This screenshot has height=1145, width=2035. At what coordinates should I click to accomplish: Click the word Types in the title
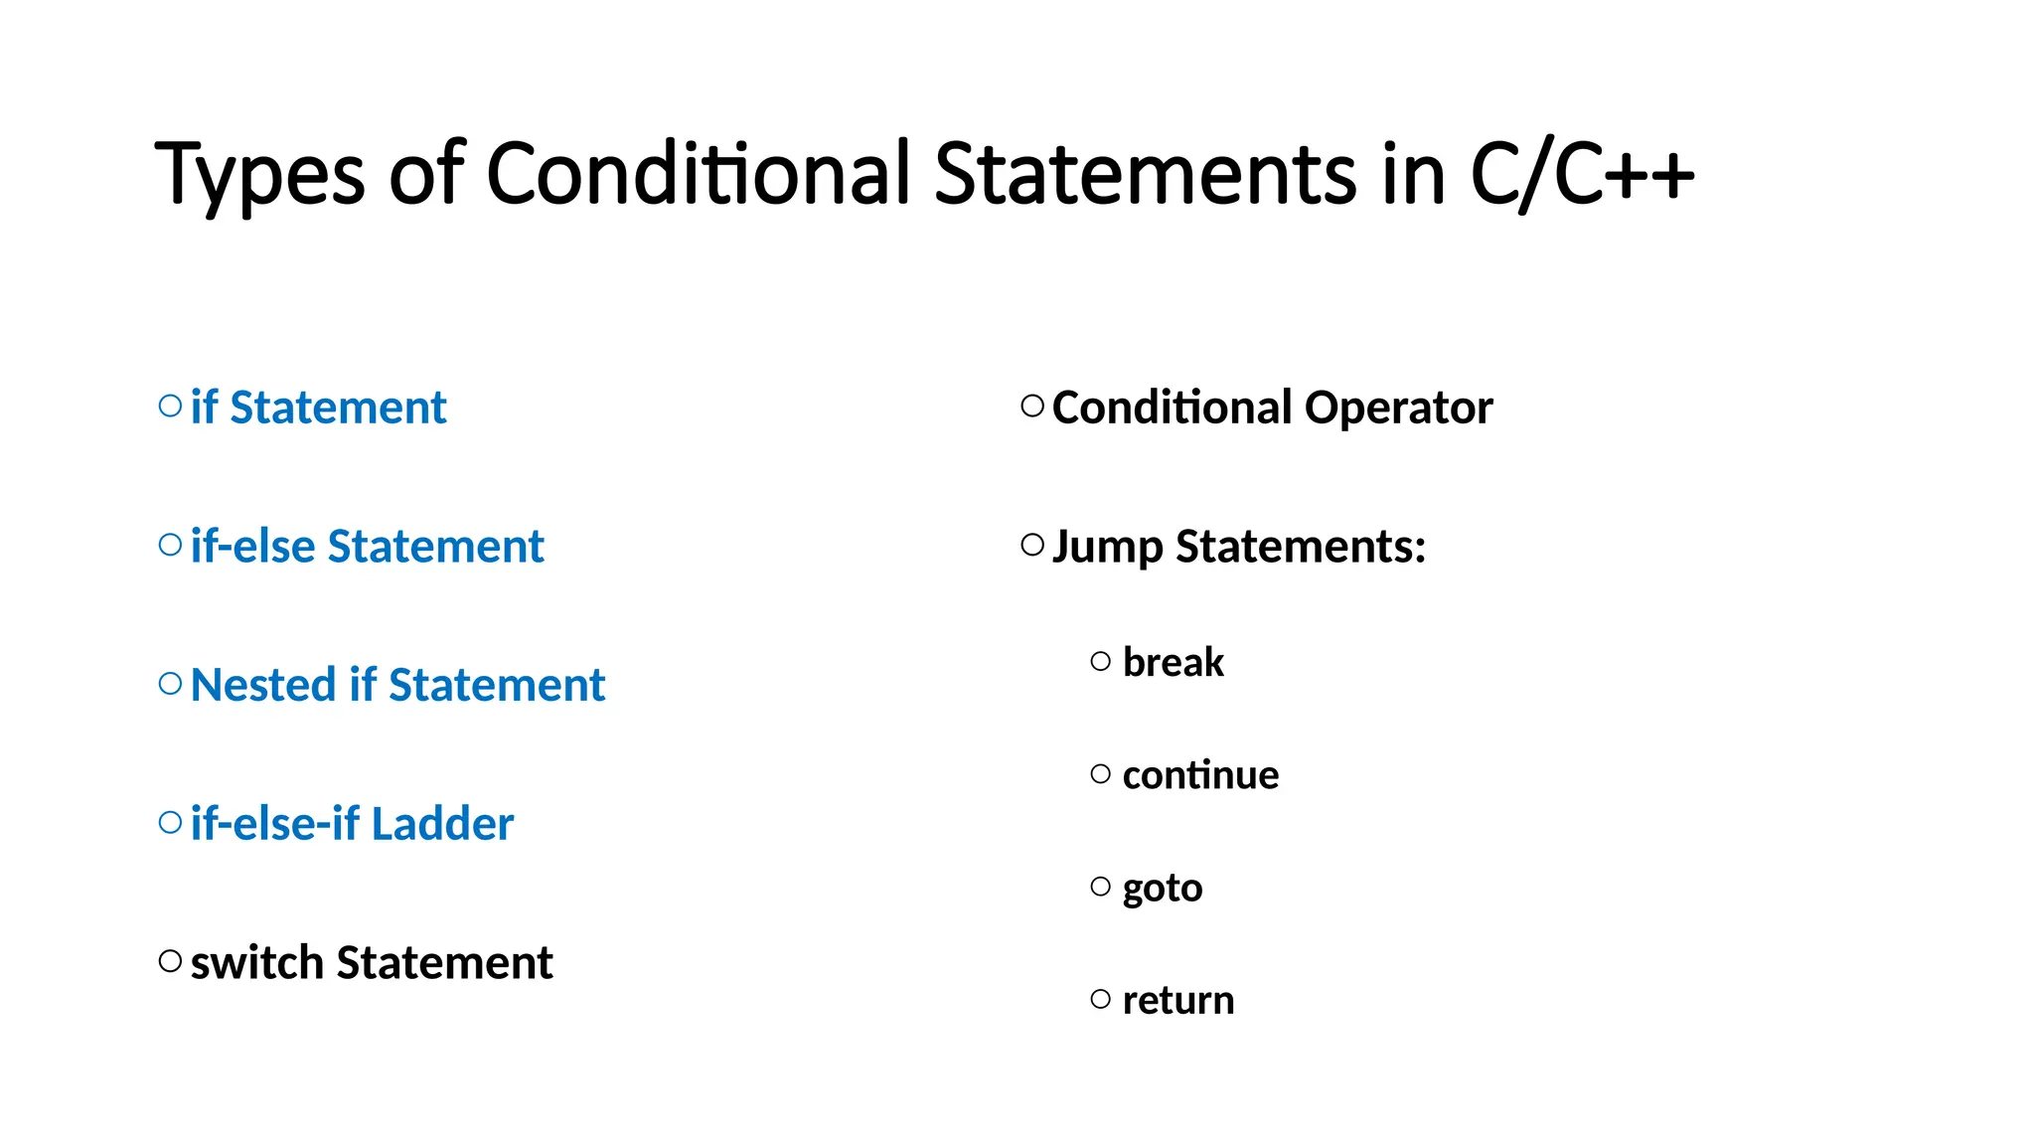259,175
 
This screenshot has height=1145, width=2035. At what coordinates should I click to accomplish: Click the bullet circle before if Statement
170,406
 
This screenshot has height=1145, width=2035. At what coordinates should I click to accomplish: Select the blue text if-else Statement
367,547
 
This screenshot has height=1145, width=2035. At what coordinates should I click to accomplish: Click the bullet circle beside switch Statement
170,961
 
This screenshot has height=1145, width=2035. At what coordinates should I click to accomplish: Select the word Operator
1398,408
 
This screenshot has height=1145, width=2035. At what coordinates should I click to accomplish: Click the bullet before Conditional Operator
1032,406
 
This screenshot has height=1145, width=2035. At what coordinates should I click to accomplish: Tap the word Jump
1107,548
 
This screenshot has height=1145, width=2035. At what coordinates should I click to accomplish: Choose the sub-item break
1173,662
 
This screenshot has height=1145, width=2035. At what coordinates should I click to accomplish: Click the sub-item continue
1200,775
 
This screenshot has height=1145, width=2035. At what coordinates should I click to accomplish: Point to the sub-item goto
1163,889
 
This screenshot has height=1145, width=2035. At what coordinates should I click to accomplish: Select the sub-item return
1178,1000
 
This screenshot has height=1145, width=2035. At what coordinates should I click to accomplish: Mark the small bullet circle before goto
1100,887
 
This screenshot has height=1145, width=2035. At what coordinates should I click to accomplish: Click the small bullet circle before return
1100,999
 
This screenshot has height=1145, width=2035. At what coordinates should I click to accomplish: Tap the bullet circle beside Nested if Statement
170,684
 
